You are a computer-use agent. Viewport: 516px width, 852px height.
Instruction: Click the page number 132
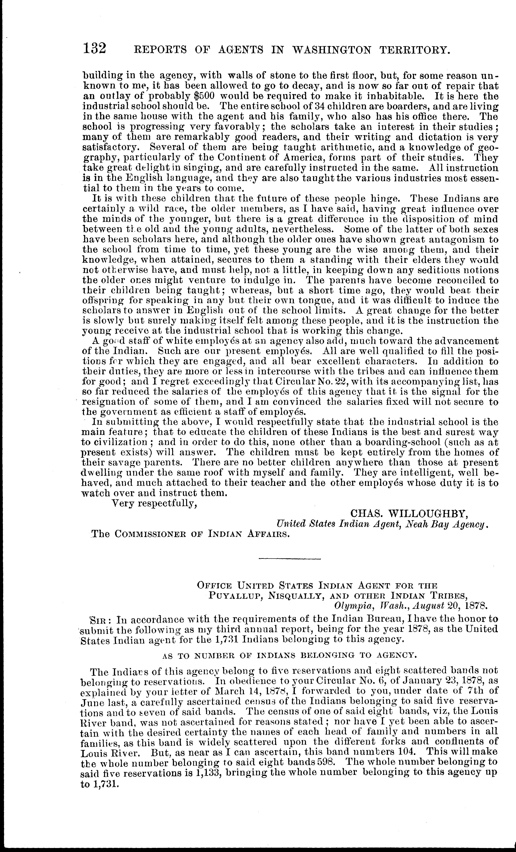(94, 48)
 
